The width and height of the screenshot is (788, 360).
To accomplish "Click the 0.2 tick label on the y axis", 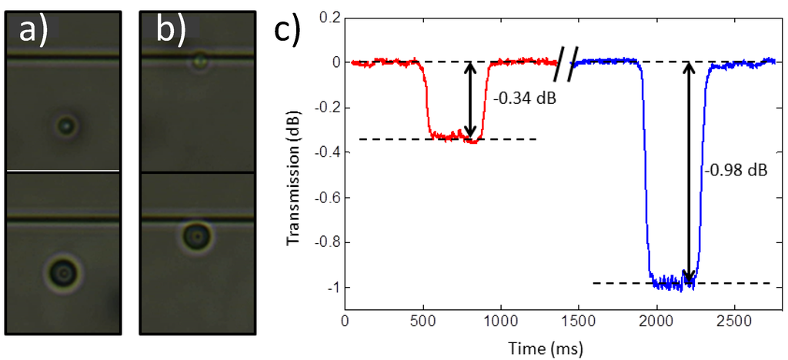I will pyautogui.click(x=329, y=17).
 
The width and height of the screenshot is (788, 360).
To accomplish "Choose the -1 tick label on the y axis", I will pyautogui.click(x=332, y=287).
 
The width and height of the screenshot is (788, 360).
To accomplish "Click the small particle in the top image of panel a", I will pyautogui.click(x=67, y=124).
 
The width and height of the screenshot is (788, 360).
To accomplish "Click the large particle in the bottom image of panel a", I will pyautogui.click(x=62, y=271).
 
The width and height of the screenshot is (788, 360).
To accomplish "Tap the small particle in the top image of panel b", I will pyautogui.click(x=200, y=60).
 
